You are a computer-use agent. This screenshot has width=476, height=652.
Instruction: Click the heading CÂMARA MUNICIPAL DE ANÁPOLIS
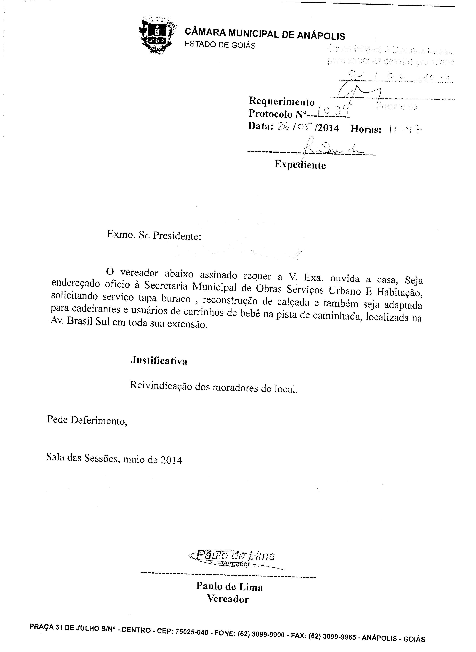(x=265, y=34)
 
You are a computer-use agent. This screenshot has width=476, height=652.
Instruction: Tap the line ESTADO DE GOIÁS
(x=220, y=45)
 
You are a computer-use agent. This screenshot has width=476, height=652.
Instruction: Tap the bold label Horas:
(x=366, y=129)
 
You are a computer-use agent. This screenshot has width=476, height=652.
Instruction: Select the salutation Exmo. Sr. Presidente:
(x=154, y=235)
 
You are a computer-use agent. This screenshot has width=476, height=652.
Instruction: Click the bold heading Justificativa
(x=159, y=361)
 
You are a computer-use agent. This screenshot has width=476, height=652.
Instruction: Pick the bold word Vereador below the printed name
(x=228, y=599)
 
